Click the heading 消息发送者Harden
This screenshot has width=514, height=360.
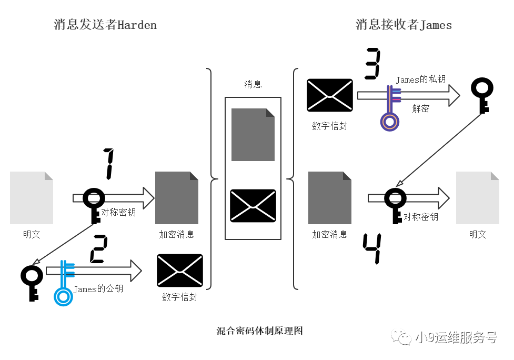pyautogui.click(x=105, y=25)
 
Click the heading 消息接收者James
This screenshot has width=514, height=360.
pyautogui.click(x=404, y=25)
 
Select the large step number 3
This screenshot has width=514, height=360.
pyautogui.click(x=372, y=64)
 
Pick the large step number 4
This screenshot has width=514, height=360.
pyautogui.click(x=372, y=248)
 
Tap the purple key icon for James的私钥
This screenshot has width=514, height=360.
pyautogui.click(x=390, y=108)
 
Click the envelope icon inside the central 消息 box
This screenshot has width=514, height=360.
pyautogui.click(x=253, y=206)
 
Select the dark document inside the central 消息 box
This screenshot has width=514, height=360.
pyautogui.click(x=253, y=135)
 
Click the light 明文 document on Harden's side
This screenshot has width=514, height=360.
pyautogui.click(x=32, y=198)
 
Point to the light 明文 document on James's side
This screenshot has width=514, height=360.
pyautogui.click(x=478, y=198)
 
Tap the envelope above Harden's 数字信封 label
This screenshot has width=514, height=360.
pyautogui.click(x=180, y=271)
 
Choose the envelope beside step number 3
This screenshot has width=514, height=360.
pyautogui.click(x=330, y=95)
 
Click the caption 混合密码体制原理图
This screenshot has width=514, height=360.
pyautogui.click(x=259, y=331)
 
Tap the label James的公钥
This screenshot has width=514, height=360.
pyautogui.click(x=98, y=289)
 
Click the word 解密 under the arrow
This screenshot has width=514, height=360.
pyautogui.click(x=420, y=109)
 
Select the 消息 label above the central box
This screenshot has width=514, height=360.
pyautogui.click(x=253, y=84)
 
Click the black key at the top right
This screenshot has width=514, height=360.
pyautogui.click(x=481, y=95)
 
